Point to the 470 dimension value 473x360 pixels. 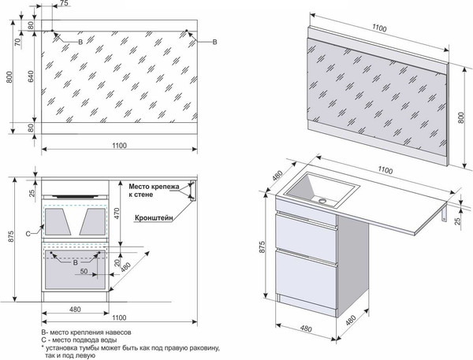coord(116,210)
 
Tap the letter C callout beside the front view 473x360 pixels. coord(28,233)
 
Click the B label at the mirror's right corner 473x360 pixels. coord(218,40)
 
